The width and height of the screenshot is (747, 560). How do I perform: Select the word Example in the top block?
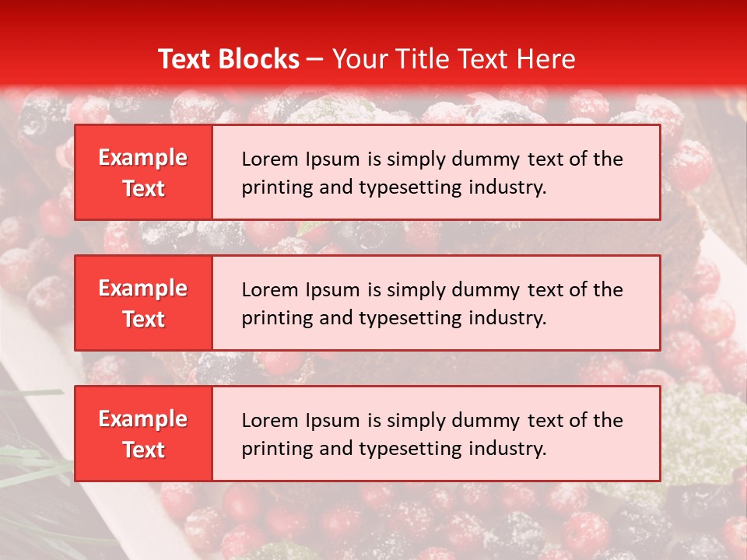(x=143, y=158)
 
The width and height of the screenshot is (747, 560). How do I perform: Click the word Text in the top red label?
(x=143, y=188)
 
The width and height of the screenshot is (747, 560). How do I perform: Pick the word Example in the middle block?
(x=143, y=289)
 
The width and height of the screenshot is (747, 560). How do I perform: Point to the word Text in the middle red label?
(x=143, y=319)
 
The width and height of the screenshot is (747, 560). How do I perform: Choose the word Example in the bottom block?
(x=143, y=419)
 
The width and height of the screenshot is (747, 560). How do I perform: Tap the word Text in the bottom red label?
(x=143, y=450)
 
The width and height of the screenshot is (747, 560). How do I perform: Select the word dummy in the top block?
(x=492, y=159)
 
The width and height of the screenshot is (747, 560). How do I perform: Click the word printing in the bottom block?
(x=270, y=449)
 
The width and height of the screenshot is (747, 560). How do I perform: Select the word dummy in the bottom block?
(x=492, y=421)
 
